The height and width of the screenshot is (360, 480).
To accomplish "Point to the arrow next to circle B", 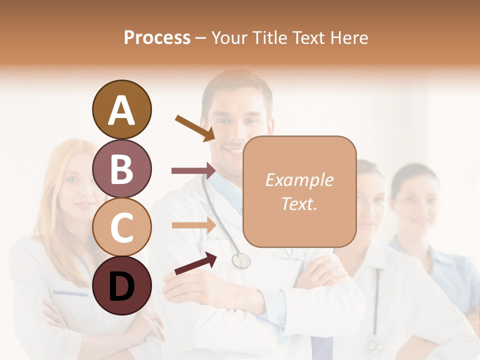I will click(x=193, y=171).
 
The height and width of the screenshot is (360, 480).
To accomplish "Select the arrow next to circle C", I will click(x=193, y=225).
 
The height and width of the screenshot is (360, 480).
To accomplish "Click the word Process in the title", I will click(x=157, y=37).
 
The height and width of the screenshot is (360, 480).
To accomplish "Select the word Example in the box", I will click(x=299, y=180).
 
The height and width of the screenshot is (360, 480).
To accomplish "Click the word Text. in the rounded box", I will click(x=299, y=203).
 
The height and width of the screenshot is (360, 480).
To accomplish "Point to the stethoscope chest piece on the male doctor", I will click(x=241, y=260).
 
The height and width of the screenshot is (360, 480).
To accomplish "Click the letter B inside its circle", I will click(x=121, y=168).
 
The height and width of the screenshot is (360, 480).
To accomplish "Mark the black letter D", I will click(x=121, y=286).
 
